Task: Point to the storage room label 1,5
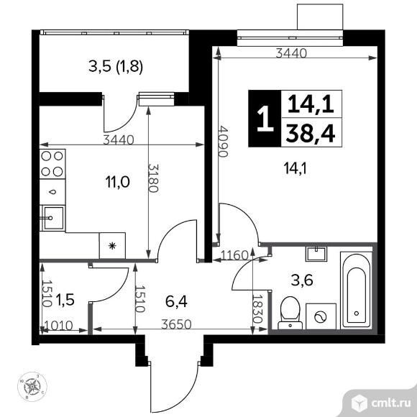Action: [66, 296]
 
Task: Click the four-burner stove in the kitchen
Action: [52, 164]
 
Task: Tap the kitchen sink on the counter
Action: [52, 217]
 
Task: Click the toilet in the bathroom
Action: [289, 311]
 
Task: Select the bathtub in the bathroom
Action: [354, 290]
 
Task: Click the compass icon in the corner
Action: [35, 387]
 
